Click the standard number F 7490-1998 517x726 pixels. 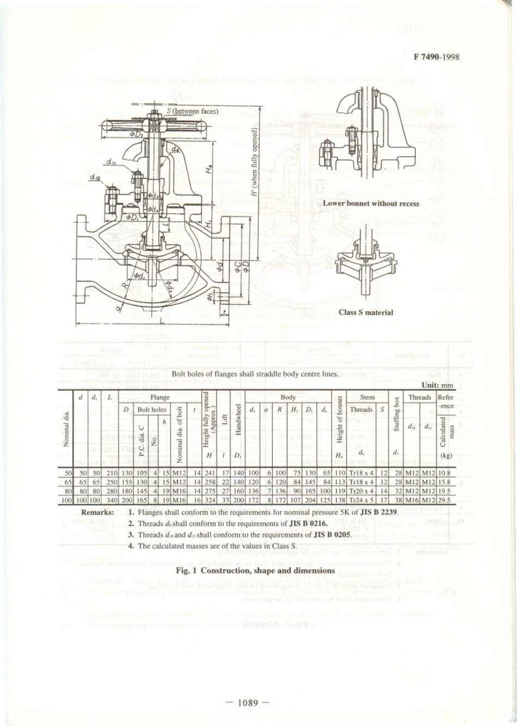(x=436, y=57)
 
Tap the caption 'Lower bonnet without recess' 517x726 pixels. (x=371, y=204)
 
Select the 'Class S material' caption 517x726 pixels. (x=365, y=312)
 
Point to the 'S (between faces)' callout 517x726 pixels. (x=192, y=111)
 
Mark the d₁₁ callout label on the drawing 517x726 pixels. (x=110, y=161)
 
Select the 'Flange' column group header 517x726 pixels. (x=159, y=397)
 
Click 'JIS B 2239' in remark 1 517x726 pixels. (x=380, y=512)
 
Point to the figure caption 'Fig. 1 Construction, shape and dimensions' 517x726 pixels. (x=255, y=571)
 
